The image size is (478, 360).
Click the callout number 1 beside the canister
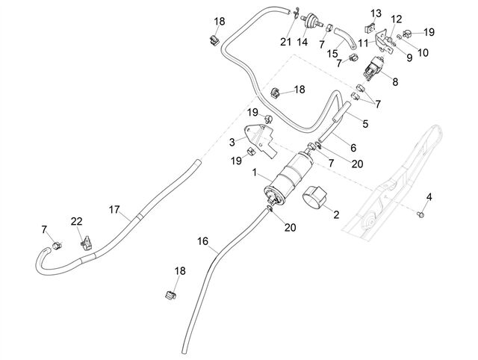pyautogui.click(x=255, y=173)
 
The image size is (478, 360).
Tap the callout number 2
pyautogui.click(x=336, y=214)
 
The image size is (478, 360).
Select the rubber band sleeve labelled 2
pyautogui.click(x=314, y=197)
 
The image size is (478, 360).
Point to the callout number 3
pyautogui.click(x=232, y=142)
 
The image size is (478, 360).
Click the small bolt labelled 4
pyautogui.click(x=421, y=215)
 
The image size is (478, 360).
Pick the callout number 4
pyautogui.click(x=429, y=197)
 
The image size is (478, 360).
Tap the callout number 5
pyautogui.click(x=365, y=124)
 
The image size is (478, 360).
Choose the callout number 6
pyautogui.click(x=353, y=148)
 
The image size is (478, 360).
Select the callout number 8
pyautogui.click(x=395, y=81)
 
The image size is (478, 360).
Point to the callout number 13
pyautogui.click(x=376, y=13)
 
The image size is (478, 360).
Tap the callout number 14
pyautogui.click(x=302, y=42)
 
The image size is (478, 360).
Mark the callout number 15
pyautogui.click(x=332, y=54)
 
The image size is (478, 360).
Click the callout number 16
pyautogui.click(x=202, y=241)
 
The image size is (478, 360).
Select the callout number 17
pyautogui.click(x=114, y=209)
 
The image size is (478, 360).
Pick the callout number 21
pyautogui.click(x=285, y=42)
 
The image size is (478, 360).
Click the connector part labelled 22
pyautogui.click(x=87, y=243)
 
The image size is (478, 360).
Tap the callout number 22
pyautogui.click(x=76, y=221)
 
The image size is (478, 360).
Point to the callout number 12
pyautogui.click(x=397, y=19)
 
